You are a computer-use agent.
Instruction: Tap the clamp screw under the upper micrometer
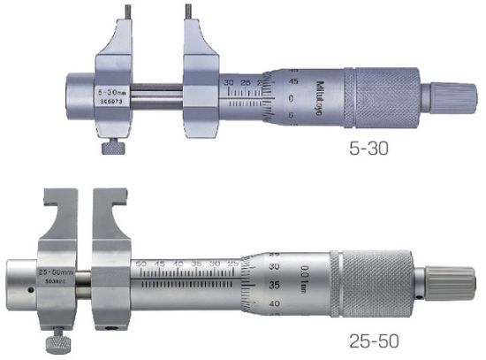tap(110, 149)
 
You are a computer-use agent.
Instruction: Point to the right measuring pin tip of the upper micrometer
tap(188, 12)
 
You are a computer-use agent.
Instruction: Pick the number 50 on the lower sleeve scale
tap(140, 264)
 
